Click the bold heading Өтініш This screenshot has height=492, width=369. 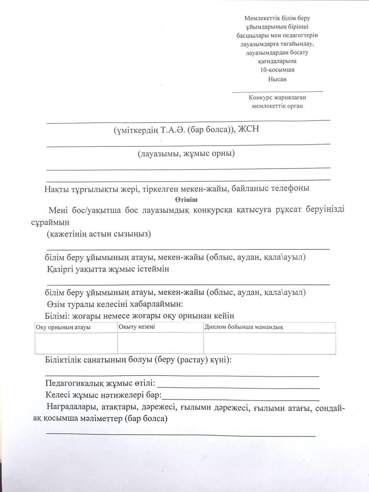pos(186,199)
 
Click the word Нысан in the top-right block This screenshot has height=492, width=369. pos(277,79)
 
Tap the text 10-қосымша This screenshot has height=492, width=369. pos(277,70)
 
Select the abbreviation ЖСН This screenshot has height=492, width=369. pos(249,129)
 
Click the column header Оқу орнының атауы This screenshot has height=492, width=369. pos(63,327)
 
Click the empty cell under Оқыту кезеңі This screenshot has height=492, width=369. pos(160,343)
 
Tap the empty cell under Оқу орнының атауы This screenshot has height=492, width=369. pos(76,343)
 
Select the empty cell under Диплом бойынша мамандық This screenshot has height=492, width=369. pos(269,343)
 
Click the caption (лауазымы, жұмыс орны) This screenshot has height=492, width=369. pos(186,154)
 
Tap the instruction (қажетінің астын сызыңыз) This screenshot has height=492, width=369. pos(99,234)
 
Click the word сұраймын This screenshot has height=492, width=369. pos(50,223)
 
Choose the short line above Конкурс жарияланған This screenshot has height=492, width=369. pos(277,91)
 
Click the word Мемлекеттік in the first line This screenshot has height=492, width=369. pos(260,18)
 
